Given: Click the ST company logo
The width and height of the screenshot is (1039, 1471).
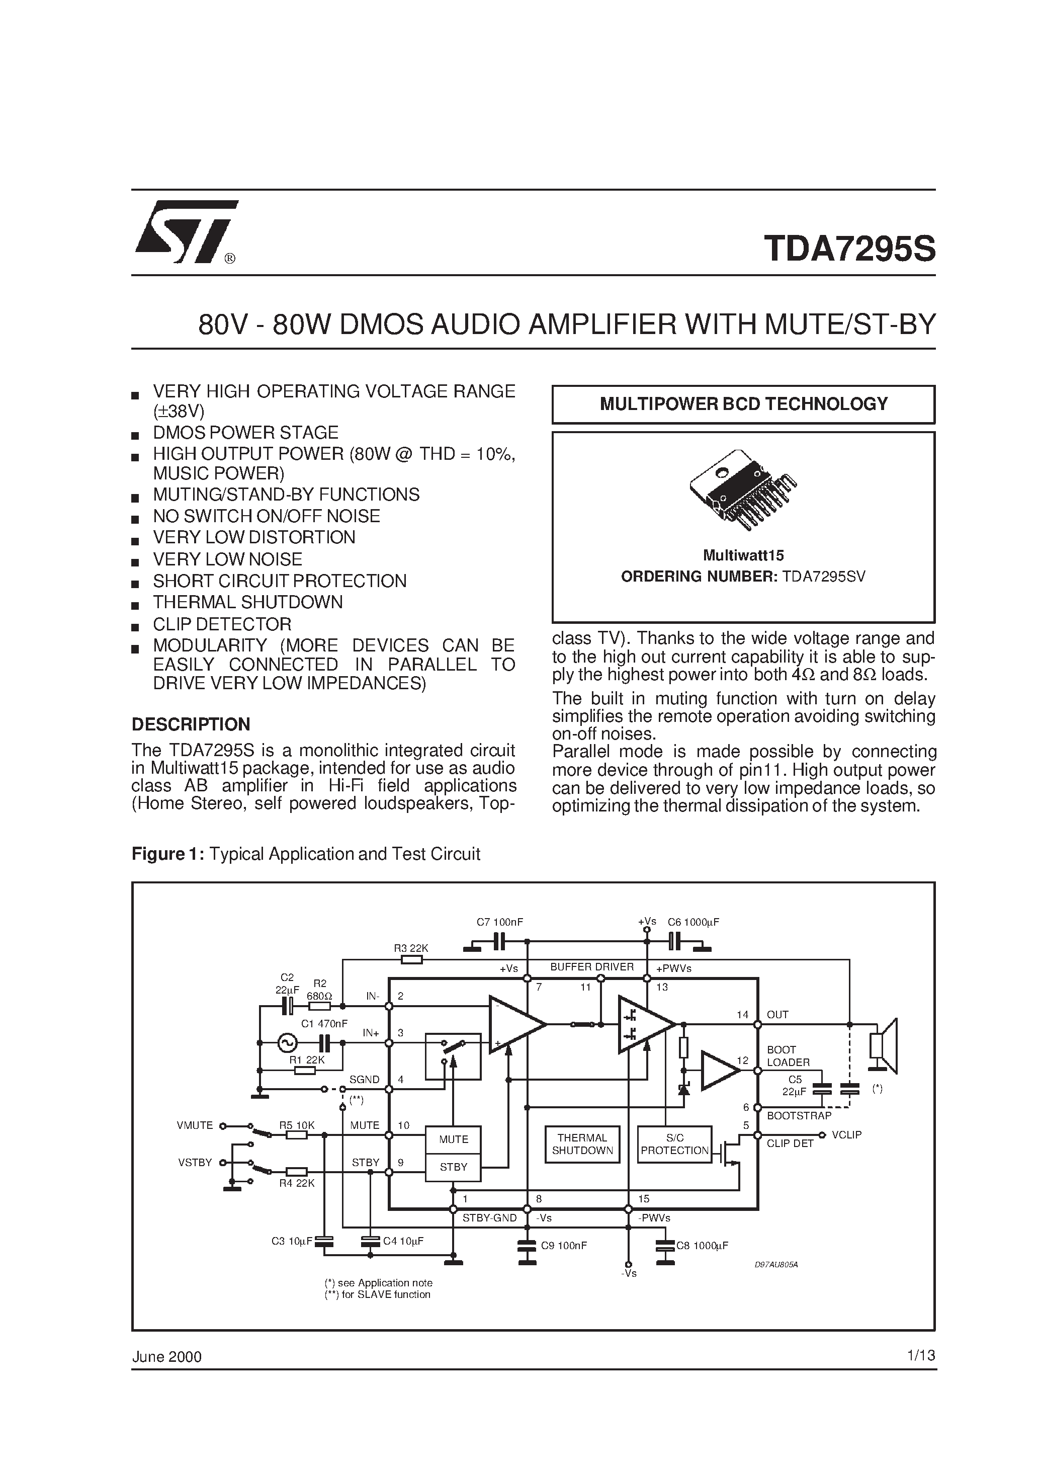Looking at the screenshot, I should point(186,232).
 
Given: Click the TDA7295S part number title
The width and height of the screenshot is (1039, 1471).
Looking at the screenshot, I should point(849,249).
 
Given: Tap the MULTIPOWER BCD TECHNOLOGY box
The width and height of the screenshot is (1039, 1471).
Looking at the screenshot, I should point(743,404).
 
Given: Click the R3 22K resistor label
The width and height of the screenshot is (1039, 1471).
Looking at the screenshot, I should point(410,948).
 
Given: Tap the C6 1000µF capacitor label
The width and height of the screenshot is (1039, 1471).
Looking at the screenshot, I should point(693,922).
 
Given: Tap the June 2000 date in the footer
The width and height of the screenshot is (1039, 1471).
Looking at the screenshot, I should point(166,1357).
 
